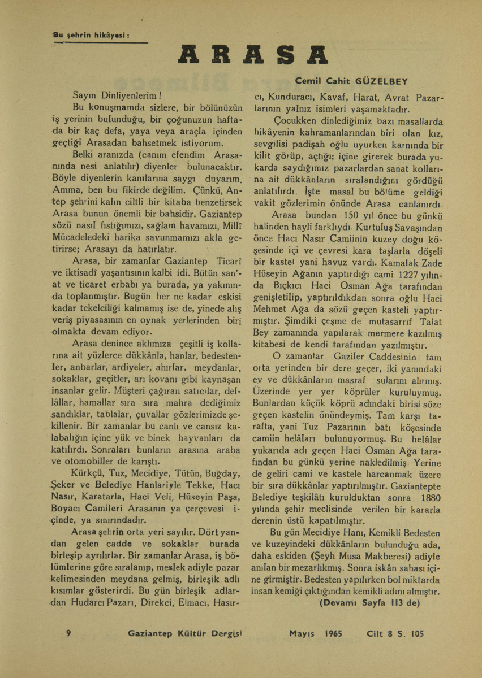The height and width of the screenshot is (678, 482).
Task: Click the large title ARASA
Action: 252,54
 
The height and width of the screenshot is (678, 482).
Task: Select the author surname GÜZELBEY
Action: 383,81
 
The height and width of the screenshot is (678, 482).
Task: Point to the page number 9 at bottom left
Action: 68,634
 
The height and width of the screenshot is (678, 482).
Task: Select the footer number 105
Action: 416,634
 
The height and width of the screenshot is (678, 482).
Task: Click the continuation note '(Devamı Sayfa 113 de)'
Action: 369,602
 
